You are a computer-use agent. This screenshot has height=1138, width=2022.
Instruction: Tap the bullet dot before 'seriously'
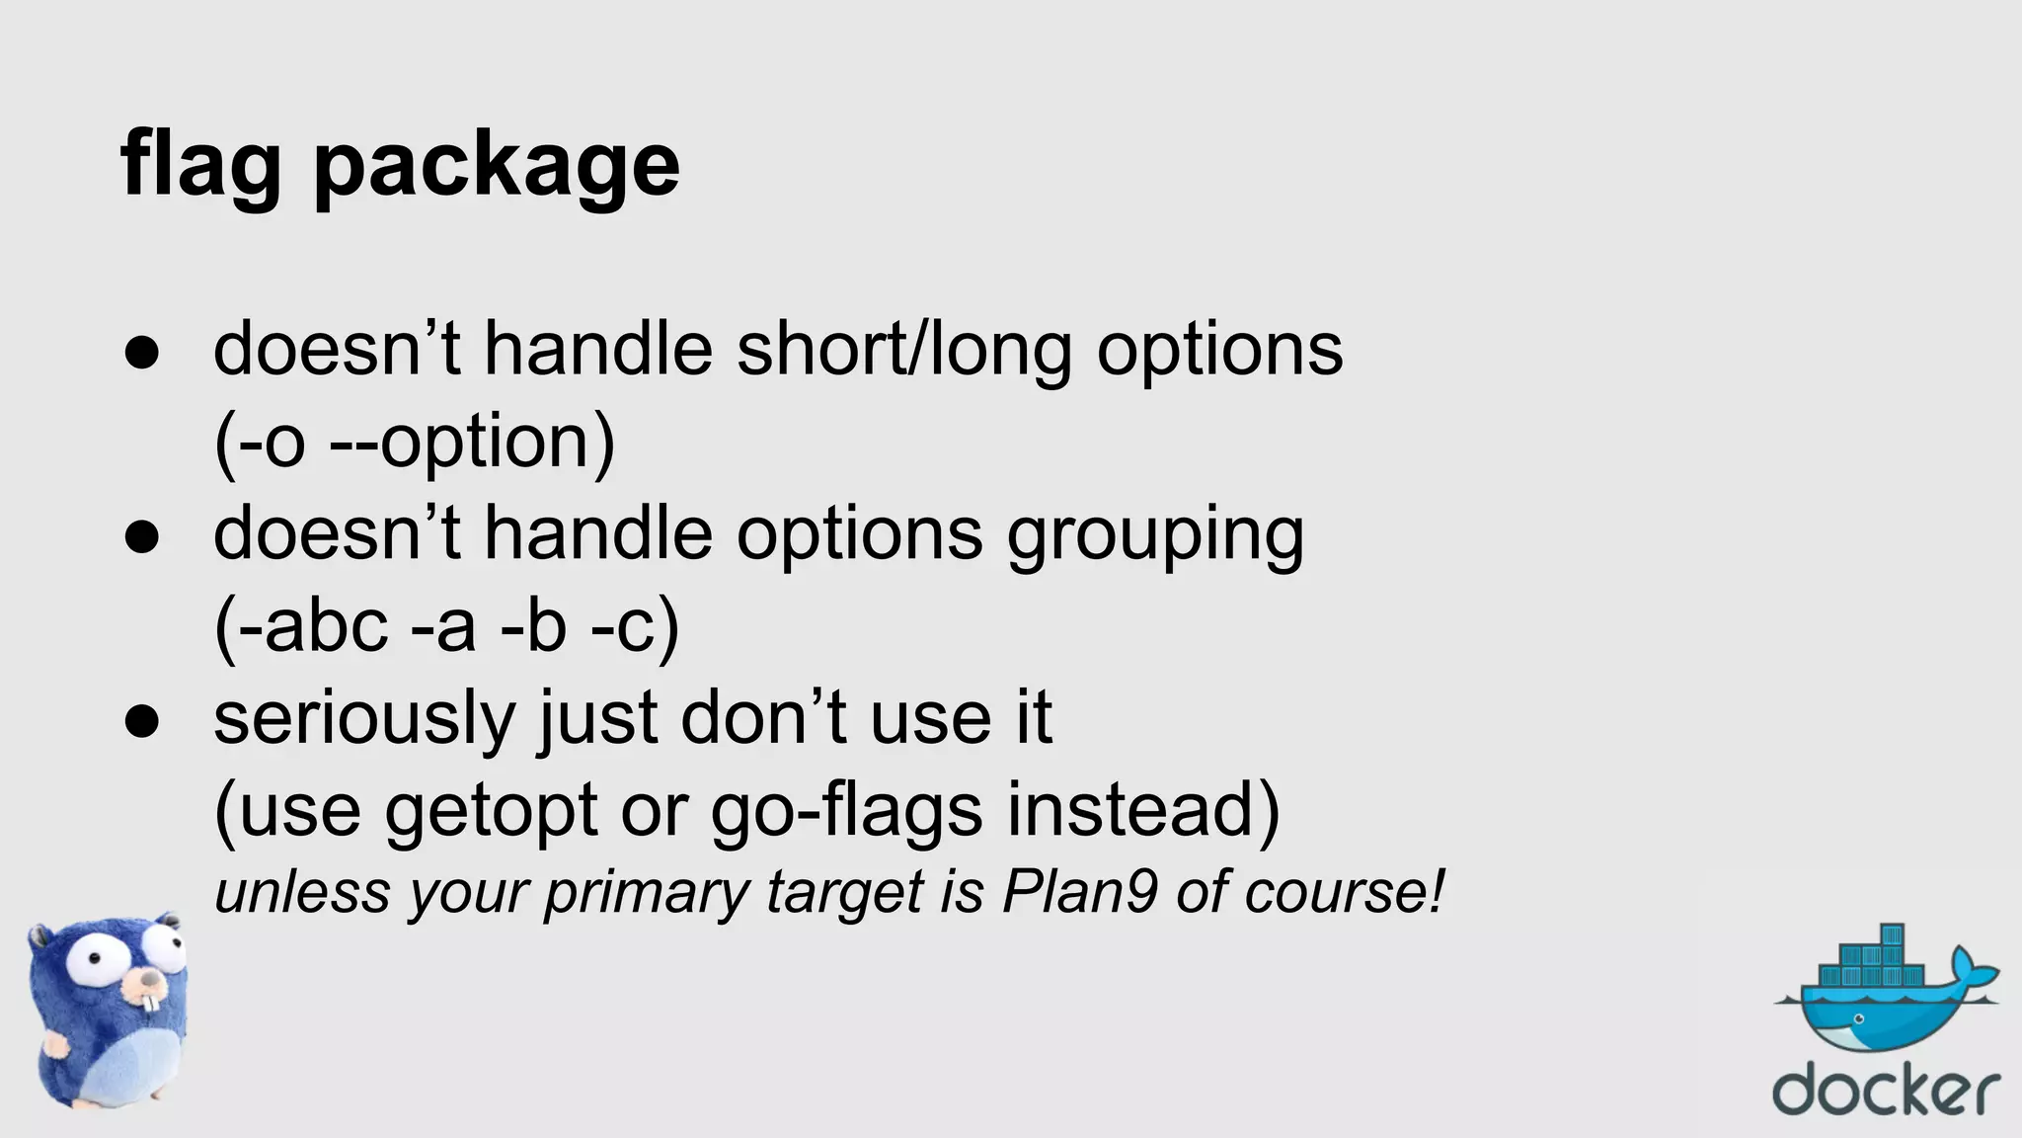point(142,721)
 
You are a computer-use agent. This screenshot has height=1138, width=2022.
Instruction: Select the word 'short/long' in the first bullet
point(903,351)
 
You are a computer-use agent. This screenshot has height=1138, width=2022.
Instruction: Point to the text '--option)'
point(472,442)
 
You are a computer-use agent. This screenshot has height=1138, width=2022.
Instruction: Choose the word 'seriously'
point(364,719)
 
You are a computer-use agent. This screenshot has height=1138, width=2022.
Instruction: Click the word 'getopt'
point(491,812)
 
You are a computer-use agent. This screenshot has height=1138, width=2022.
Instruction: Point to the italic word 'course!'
point(1344,892)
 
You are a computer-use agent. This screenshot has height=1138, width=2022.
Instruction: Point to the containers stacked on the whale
point(1871,962)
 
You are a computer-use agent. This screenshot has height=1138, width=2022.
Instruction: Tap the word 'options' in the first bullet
point(1219,351)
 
